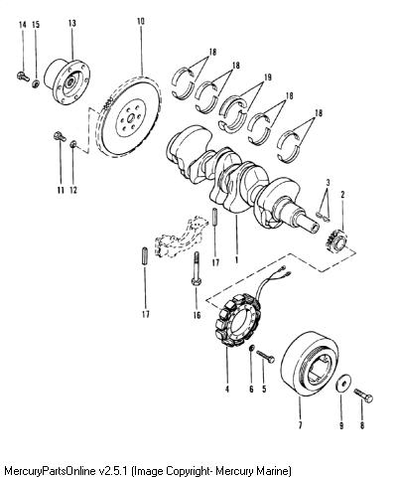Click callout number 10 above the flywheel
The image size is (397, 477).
point(141,22)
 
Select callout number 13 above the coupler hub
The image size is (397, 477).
point(72,23)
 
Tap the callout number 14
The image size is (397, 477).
point(22,25)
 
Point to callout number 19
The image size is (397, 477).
point(268,78)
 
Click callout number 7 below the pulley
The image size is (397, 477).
point(300,425)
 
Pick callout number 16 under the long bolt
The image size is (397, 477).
point(197,315)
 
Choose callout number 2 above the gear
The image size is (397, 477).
point(342,195)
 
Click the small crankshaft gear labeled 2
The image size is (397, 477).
point(336,240)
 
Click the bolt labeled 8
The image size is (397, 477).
point(363,395)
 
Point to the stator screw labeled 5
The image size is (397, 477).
point(265,356)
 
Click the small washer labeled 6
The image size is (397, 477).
point(251,348)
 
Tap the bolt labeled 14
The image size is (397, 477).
point(23,77)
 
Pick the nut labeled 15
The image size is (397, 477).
point(36,83)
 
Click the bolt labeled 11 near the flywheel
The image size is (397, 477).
point(60,136)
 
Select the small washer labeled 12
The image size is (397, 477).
point(73,144)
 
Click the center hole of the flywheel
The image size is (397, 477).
point(131,117)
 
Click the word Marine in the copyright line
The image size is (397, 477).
point(276,470)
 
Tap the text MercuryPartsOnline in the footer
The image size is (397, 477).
point(51,471)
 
